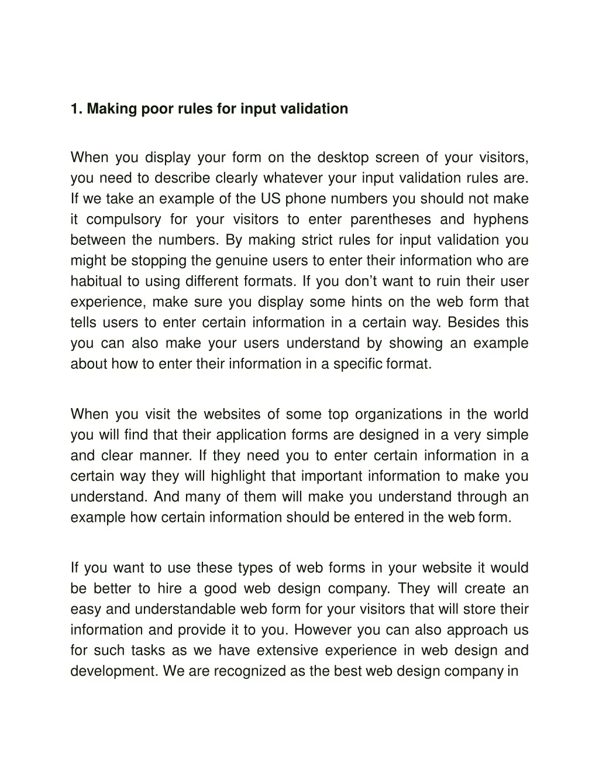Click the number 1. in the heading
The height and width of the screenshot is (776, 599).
point(77,109)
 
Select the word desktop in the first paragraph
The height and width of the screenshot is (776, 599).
point(343,158)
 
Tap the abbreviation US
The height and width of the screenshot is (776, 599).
point(271,199)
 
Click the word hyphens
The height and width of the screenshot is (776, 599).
point(501,220)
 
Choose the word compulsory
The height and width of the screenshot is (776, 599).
point(123,220)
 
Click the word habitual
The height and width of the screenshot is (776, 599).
point(97,281)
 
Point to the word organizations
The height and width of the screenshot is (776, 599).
point(398,415)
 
